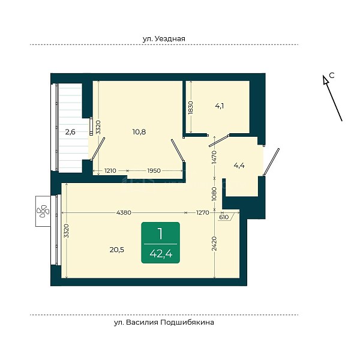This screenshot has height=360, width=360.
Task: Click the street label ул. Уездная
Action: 164,38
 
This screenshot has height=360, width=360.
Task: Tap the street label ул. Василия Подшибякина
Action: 164,322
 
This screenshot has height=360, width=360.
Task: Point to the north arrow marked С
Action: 332,98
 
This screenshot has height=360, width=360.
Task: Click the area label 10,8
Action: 139,132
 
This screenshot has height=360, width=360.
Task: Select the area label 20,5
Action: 117,250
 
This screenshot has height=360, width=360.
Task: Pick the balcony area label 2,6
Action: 70,132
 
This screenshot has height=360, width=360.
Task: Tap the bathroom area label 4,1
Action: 220,106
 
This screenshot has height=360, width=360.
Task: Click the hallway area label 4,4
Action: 239,166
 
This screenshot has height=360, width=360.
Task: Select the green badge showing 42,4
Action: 160,242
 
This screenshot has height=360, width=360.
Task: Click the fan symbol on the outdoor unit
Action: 43,211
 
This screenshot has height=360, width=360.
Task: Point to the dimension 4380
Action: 124,212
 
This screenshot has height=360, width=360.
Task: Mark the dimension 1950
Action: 154,171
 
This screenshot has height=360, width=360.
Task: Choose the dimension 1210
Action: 110,171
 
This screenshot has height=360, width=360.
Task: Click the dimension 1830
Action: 191,107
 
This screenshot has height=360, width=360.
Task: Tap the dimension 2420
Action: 214,244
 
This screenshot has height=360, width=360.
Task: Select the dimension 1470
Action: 214,157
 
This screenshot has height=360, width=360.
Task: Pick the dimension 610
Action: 224,217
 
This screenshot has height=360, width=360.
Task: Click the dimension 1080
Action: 214,194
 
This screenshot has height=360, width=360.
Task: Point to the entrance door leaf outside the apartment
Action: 271,162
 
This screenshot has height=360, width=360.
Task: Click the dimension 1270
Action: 203,212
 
